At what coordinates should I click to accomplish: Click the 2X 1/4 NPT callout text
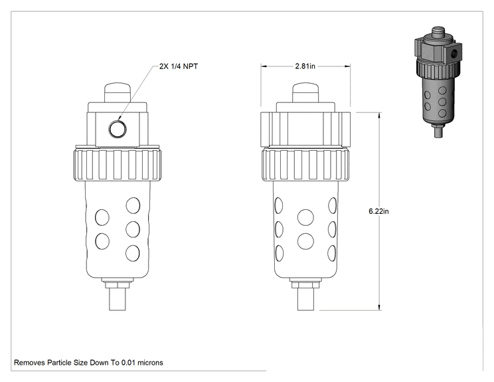pos(179,66)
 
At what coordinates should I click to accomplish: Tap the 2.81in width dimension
pos(305,66)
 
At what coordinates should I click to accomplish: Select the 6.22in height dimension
pos(378,211)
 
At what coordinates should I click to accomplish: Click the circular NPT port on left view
pos(118,129)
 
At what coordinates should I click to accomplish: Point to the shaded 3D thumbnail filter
pos(438,82)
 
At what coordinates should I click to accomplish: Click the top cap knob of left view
pos(118,92)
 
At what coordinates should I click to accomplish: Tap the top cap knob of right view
pos(305,92)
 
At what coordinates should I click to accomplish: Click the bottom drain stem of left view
pos(118,299)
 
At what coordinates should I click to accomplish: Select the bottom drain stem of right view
pos(305,299)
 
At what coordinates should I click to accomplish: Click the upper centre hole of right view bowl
pos(305,217)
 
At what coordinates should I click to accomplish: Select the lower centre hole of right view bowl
pos(305,241)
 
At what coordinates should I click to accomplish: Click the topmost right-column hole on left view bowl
pos(133,205)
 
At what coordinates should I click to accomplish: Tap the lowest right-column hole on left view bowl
pos(133,253)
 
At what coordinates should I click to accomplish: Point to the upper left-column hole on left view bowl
pos(102,217)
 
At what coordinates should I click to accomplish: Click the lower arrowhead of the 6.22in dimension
pos(379,308)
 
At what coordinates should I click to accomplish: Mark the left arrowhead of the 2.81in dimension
pos(264,66)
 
